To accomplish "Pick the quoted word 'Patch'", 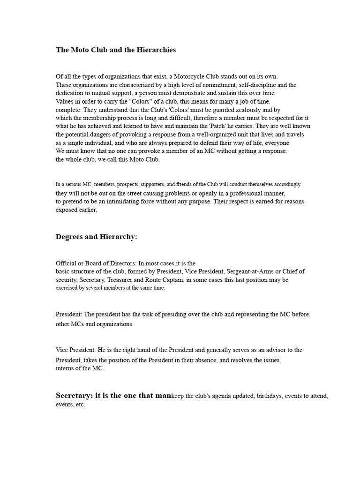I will tap(215, 126).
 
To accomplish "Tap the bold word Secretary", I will tap(74, 396).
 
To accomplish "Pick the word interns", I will tap(64, 368).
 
